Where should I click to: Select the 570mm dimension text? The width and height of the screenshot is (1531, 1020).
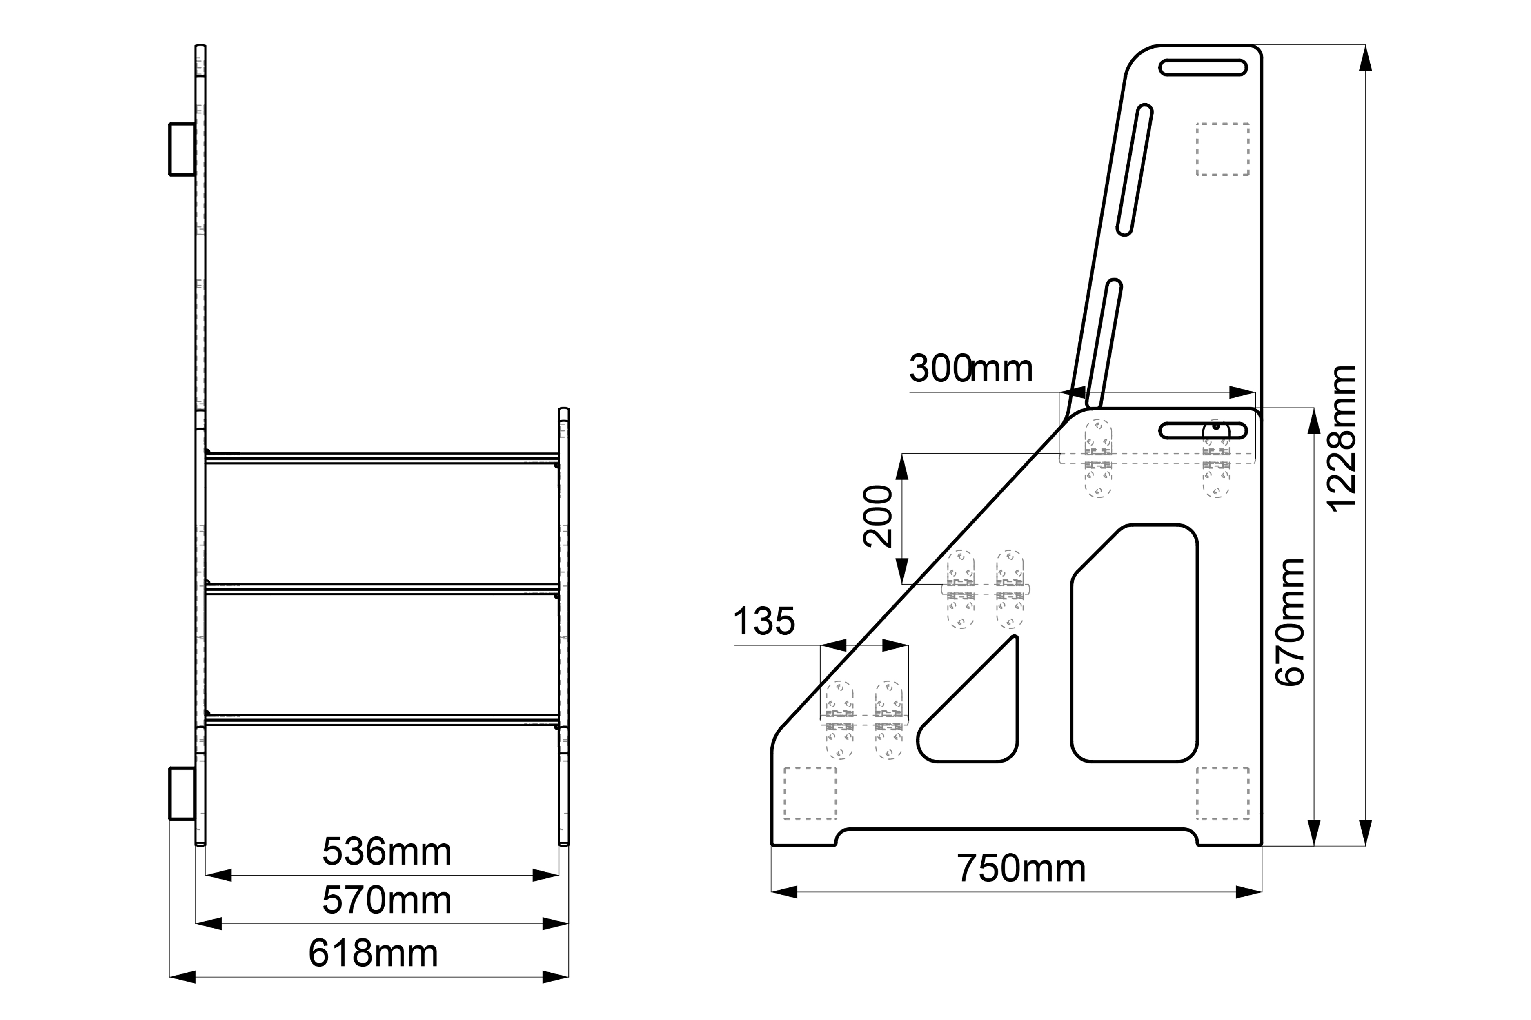[387, 900]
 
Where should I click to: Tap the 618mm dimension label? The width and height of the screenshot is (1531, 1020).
[373, 953]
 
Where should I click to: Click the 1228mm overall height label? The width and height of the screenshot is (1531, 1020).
[1343, 439]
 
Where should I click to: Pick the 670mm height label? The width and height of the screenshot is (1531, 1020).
[1289, 622]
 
